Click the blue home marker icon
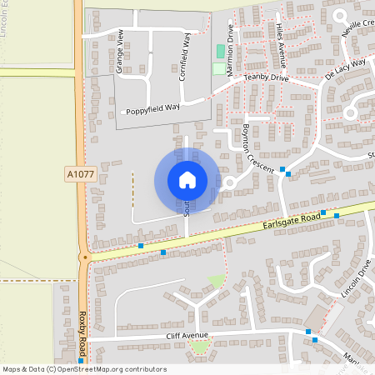point(187,179)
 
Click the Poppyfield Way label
point(153,109)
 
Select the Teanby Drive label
point(266,77)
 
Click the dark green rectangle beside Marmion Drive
point(221,51)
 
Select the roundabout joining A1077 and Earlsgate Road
point(83,257)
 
